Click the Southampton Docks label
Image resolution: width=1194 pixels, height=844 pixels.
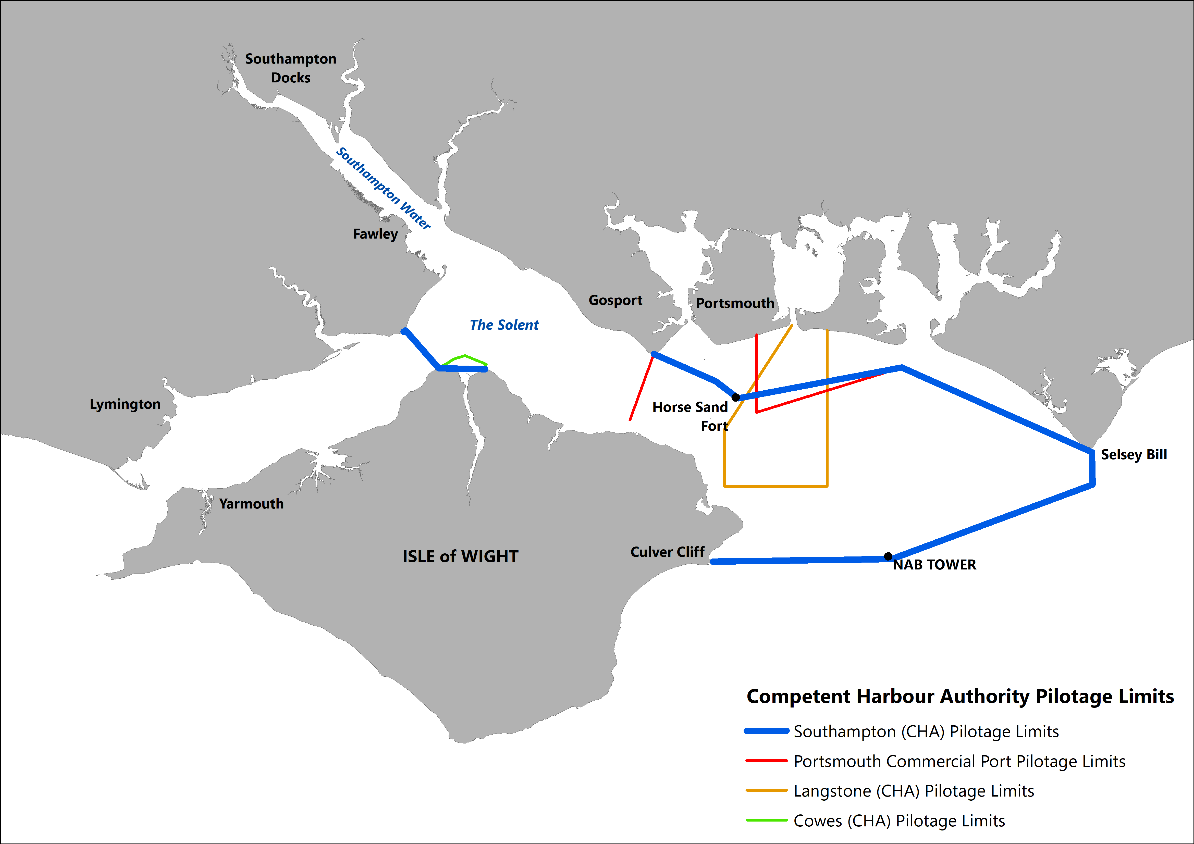[x=291, y=68]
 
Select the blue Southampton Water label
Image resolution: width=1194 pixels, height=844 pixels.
[x=383, y=188]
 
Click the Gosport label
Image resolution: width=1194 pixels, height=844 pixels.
[x=615, y=301]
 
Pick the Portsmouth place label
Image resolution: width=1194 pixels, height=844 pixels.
[x=735, y=303]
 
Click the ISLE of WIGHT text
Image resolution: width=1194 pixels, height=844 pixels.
[x=460, y=556]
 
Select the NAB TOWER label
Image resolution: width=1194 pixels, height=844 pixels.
[x=934, y=565]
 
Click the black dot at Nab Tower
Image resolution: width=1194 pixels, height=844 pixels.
[x=888, y=556]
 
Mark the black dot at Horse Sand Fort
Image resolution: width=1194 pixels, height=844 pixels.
[x=735, y=397]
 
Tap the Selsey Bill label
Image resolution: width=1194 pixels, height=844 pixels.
[x=1134, y=454]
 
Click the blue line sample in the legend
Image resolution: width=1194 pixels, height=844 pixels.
[x=767, y=731]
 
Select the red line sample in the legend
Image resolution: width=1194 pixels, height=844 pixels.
[x=767, y=761]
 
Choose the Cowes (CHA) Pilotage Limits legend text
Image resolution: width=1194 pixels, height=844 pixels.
[x=899, y=821]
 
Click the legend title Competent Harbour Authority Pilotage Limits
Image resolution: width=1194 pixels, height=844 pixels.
[x=960, y=696]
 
